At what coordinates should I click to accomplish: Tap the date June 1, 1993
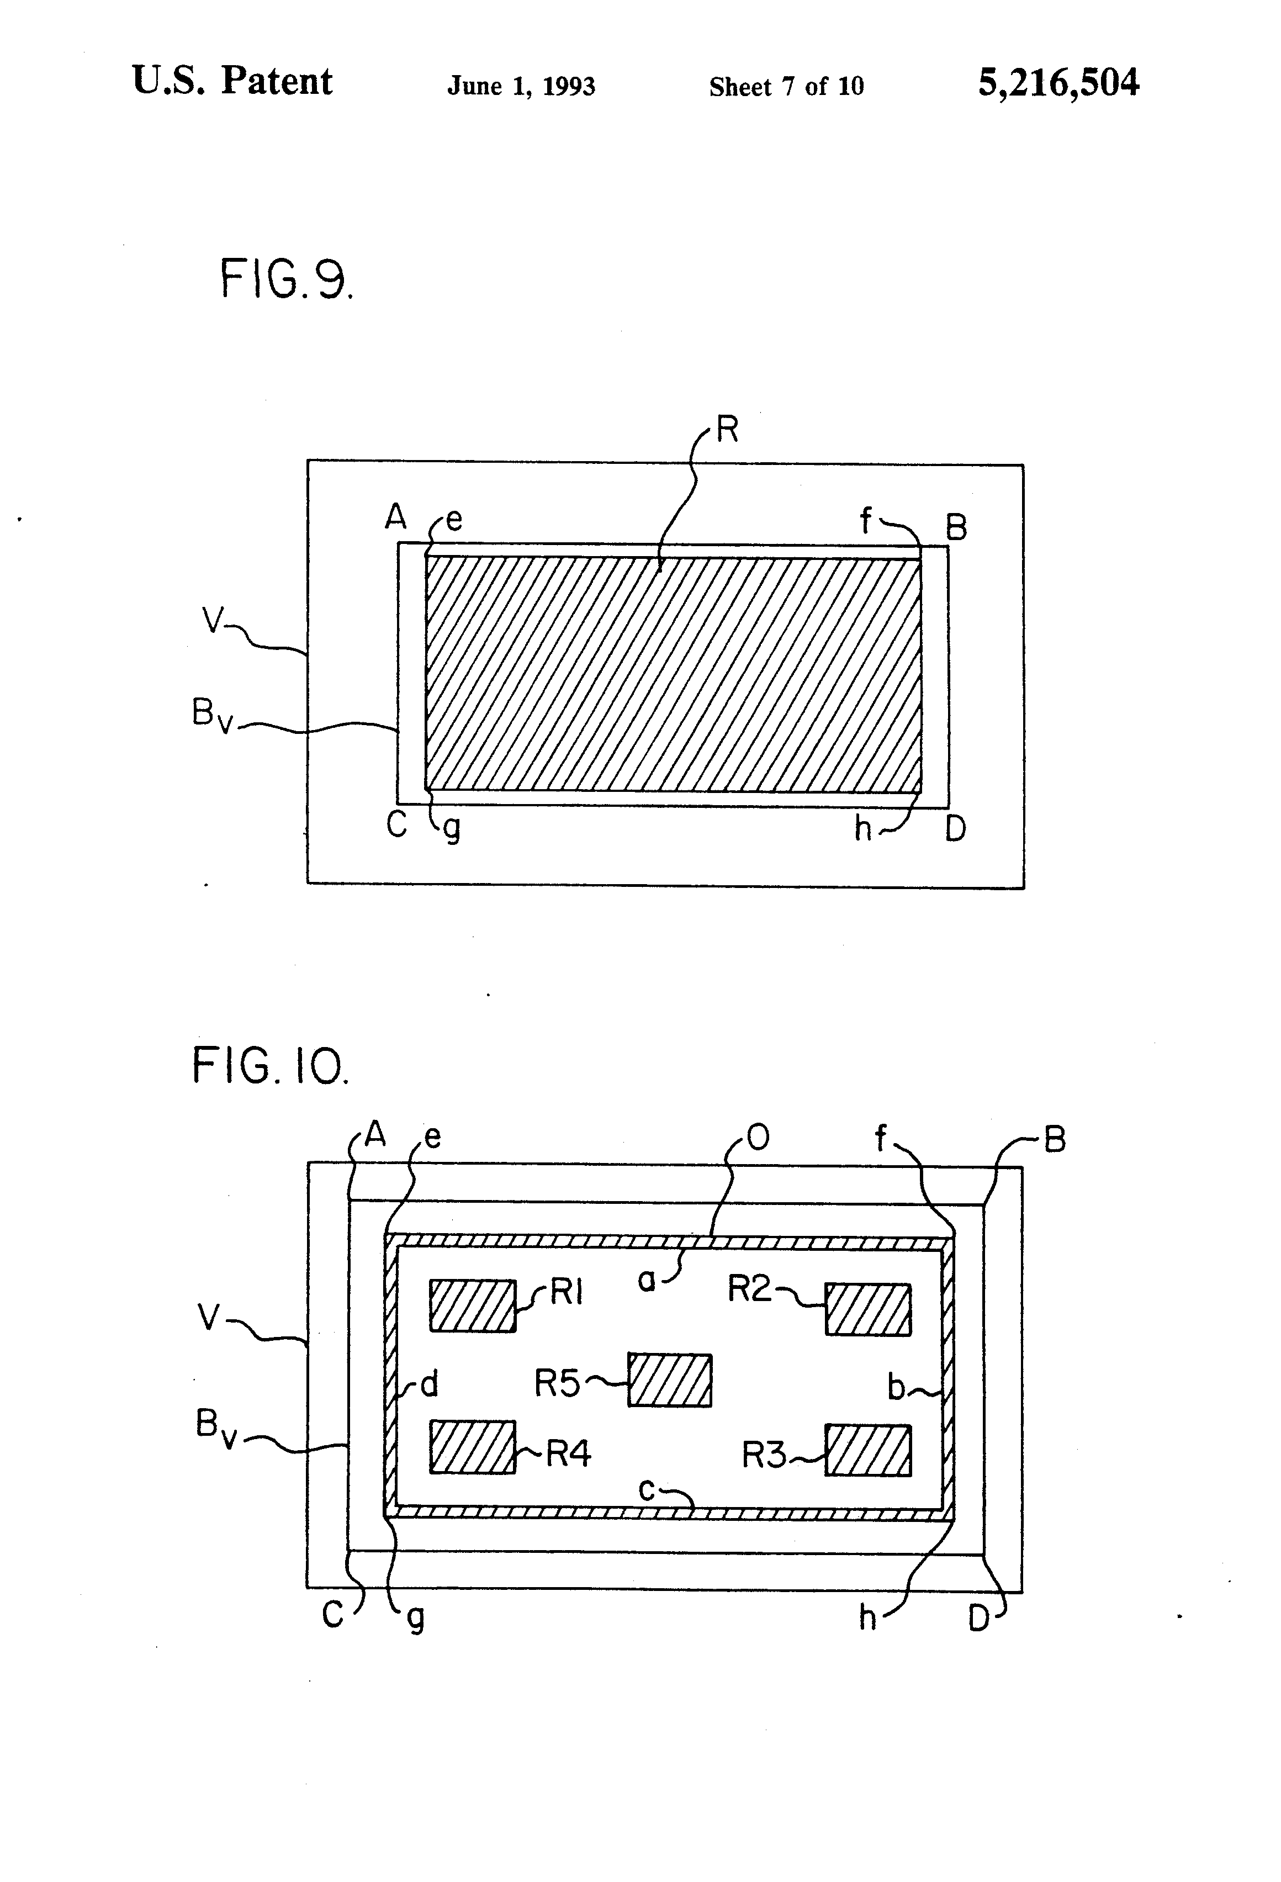coord(521,86)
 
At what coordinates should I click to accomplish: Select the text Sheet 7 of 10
coord(786,86)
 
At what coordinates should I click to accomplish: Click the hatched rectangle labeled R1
coord(472,1305)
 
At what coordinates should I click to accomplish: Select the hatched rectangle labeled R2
coord(867,1309)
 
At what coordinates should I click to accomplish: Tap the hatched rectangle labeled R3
coord(867,1450)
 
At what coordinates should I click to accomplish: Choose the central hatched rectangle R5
coord(670,1380)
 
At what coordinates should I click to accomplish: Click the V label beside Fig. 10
coord(209,1318)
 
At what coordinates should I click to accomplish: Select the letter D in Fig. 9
coord(955,828)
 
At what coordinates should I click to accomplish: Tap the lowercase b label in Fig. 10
coord(896,1387)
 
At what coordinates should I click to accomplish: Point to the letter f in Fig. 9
coord(866,521)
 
